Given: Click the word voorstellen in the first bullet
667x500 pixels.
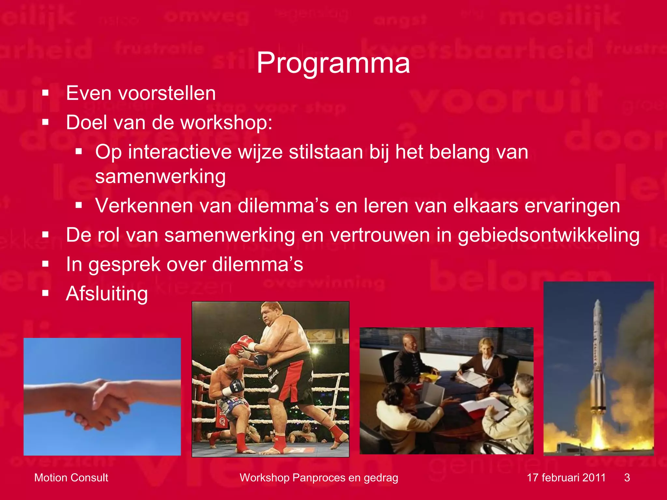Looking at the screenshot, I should [166, 93].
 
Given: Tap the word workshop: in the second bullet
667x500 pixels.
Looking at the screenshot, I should [226, 123].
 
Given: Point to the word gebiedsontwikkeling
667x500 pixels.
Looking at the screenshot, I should [548, 235].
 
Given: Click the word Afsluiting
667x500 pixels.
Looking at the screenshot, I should [107, 294].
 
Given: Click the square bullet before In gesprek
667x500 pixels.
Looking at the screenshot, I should [45, 264].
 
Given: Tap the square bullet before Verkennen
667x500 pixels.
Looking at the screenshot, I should [78, 205].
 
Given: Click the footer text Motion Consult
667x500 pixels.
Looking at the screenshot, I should [71, 478].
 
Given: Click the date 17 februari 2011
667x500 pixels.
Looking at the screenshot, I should [566, 478].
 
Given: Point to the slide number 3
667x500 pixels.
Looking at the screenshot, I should [627, 478].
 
